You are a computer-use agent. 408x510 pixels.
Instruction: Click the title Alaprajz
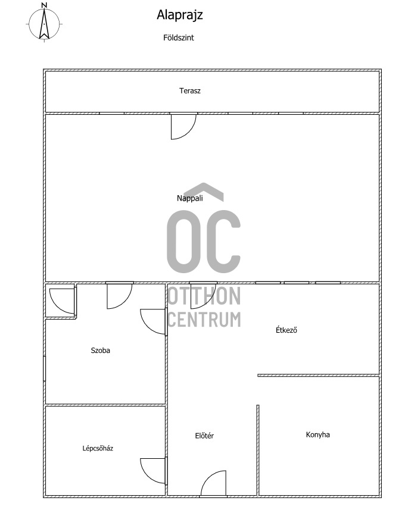coord(180,15)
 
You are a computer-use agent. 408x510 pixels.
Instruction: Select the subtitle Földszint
coord(179,37)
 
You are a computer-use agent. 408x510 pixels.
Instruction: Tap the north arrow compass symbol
coord(44,23)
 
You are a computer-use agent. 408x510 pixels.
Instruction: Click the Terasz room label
coord(190,90)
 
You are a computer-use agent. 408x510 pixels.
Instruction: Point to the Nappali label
coord(190,198)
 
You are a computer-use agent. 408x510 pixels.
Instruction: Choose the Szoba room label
coord(100,351)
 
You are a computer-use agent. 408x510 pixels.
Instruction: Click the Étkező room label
coord(286,330)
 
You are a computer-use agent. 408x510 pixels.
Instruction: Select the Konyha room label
coord(318,434)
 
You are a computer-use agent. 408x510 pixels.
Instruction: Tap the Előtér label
coord(204,436)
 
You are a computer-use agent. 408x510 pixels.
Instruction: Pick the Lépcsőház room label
coord(98,448)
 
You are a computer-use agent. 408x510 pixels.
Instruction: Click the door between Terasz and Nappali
coord(183,126)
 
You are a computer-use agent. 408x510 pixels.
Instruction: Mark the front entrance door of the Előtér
coord(213,484)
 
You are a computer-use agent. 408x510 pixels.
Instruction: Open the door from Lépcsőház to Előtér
coord(154,471)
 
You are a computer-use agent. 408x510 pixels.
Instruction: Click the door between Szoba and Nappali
coord(120,295)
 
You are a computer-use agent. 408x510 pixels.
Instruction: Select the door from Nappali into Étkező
coord(204,295)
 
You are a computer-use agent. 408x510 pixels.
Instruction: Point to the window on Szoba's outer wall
coord(44,368)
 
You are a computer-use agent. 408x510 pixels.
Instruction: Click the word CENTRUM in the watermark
coord(204,319)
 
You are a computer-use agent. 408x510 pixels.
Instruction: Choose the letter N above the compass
coord(45,5)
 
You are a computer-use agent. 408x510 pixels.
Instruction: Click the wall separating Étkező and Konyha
coord(319,376)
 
